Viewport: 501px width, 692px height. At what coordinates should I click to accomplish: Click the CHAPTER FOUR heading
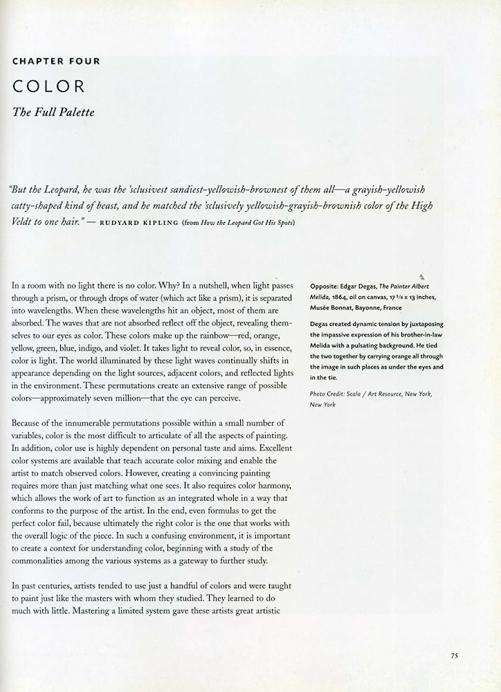[x=56, y=61]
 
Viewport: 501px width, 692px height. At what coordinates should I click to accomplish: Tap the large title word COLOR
[x=48, y=86]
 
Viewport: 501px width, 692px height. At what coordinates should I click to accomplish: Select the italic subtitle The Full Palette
[x=53, y=111]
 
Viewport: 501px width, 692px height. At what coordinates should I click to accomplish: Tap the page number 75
[x=454, y=656]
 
